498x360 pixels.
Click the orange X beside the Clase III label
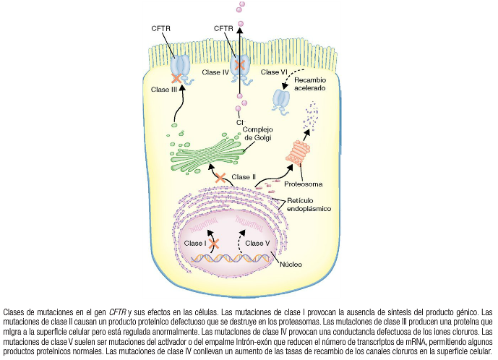(x=176, y=78)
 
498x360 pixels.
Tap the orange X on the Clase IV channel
(x=239, y=65)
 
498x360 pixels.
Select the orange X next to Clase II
(x=220, y=177)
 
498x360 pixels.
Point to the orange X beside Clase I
(x=214, y=244)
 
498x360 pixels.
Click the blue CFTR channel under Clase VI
(x=281, y=99)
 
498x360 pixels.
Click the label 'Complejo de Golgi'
(x=264, y=134)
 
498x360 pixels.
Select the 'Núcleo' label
(x=291, y=264)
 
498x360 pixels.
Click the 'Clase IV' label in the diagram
(x=215, y=72)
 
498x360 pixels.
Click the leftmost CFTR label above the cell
(x=161, y=28)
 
